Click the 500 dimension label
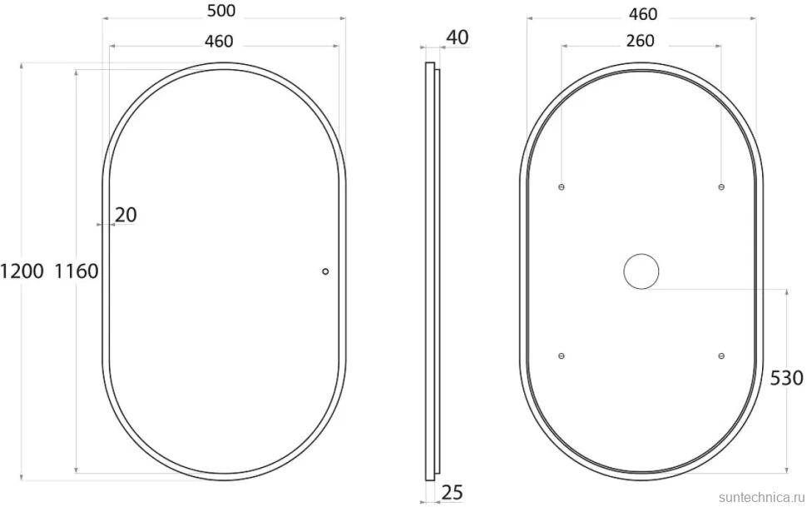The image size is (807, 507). click(x=221, y=11)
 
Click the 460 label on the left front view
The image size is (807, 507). click(x=219, y=41)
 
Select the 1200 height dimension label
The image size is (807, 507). click(x=22, y=271)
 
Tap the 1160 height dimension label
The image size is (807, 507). click(x=77, y=271)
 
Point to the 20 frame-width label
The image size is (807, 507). click(x=126, y=215)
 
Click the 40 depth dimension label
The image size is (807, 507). click(x=457, y=37)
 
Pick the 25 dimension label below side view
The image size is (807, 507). click(x=452, y=493)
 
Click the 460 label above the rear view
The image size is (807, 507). click(x=643, y=14)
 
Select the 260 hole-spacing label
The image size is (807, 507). click(x=641, y=40)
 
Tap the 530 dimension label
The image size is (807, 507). click(x=786, y=378)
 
